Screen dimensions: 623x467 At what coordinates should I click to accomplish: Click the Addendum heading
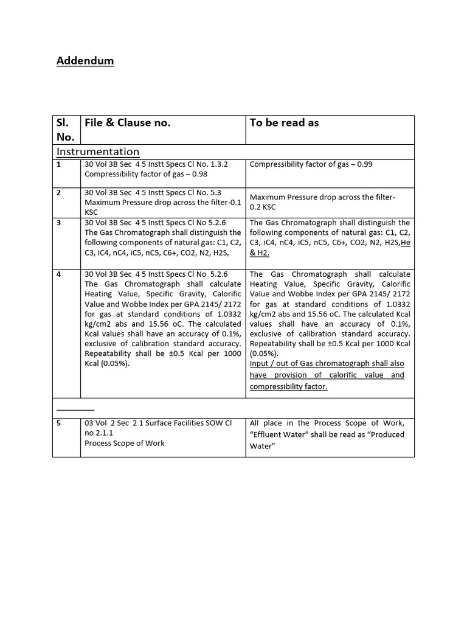pyautogui.click(x=85, y=61)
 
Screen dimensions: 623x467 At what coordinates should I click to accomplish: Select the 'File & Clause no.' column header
pyautogui.click(x=128, y=123)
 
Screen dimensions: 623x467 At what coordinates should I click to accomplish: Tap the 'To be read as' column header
pyautogui.click(x=284, y=123)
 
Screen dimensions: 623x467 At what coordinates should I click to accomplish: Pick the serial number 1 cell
pyautogui.click(x=59, y=164)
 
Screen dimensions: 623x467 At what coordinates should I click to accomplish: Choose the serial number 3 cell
pyautogui.click(x=59, y=223)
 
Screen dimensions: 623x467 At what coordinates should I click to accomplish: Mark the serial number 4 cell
pyautogui.click(x=59, y=274)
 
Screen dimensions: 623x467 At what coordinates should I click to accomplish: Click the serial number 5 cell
pyautogui.click(x=59, y=423)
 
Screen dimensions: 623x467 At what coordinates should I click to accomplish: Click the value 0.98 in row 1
pyautogui.click(x=198, y=174)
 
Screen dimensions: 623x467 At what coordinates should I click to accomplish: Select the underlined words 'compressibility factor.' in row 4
pyautogui.click(x=289, y=386)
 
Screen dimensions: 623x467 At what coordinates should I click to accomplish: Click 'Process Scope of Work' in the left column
pyautogui.click(x=125, y=443)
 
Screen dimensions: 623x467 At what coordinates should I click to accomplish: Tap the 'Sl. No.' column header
pyautogui.click(x=66, y=130)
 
